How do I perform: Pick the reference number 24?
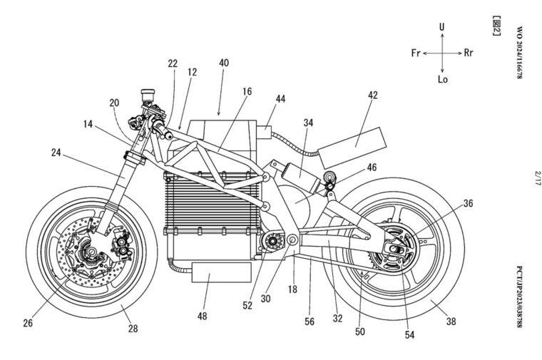coord(56,152)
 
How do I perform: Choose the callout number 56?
coord(309,322)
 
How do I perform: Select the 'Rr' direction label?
coord(468,53)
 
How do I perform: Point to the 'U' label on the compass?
coord(442,27)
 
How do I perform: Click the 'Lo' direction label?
coord(442,79)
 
